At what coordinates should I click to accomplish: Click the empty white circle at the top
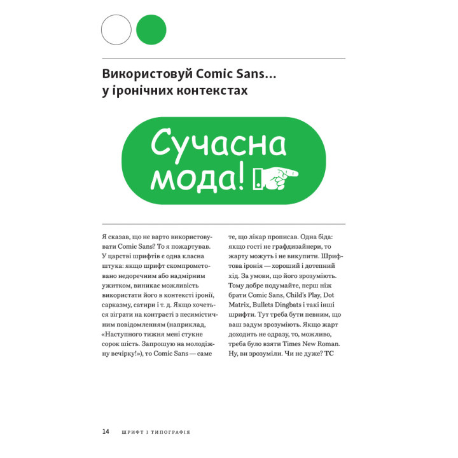tap(116, 29)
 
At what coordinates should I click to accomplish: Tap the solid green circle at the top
tap(151, 29)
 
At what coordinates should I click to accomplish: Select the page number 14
tap(106, 431)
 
